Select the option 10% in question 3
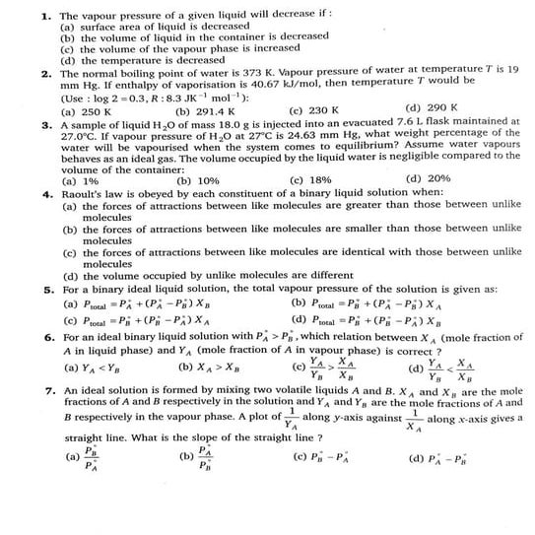point(197,181)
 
